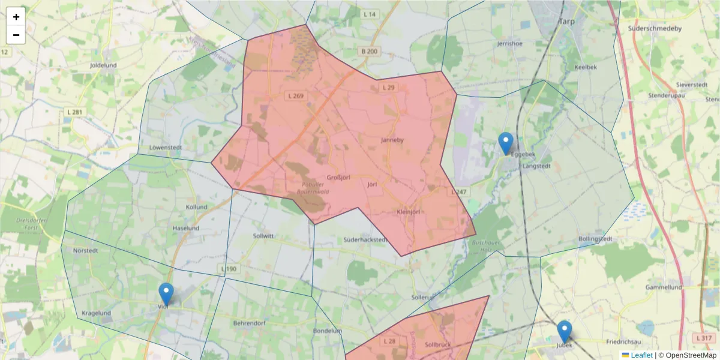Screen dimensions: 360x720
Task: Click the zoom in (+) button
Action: point(16,17)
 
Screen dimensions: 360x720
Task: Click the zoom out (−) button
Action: point(16,35)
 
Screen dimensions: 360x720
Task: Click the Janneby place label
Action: point(392,140)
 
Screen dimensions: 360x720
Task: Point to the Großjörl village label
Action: point(338,177)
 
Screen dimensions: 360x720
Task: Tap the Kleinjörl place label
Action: point(408,212)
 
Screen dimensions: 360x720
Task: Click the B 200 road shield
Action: point(370,52)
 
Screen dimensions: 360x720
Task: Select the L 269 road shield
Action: point(295,96)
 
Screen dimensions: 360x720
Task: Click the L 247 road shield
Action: point(459,192)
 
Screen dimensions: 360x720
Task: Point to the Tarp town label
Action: point(567,21)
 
